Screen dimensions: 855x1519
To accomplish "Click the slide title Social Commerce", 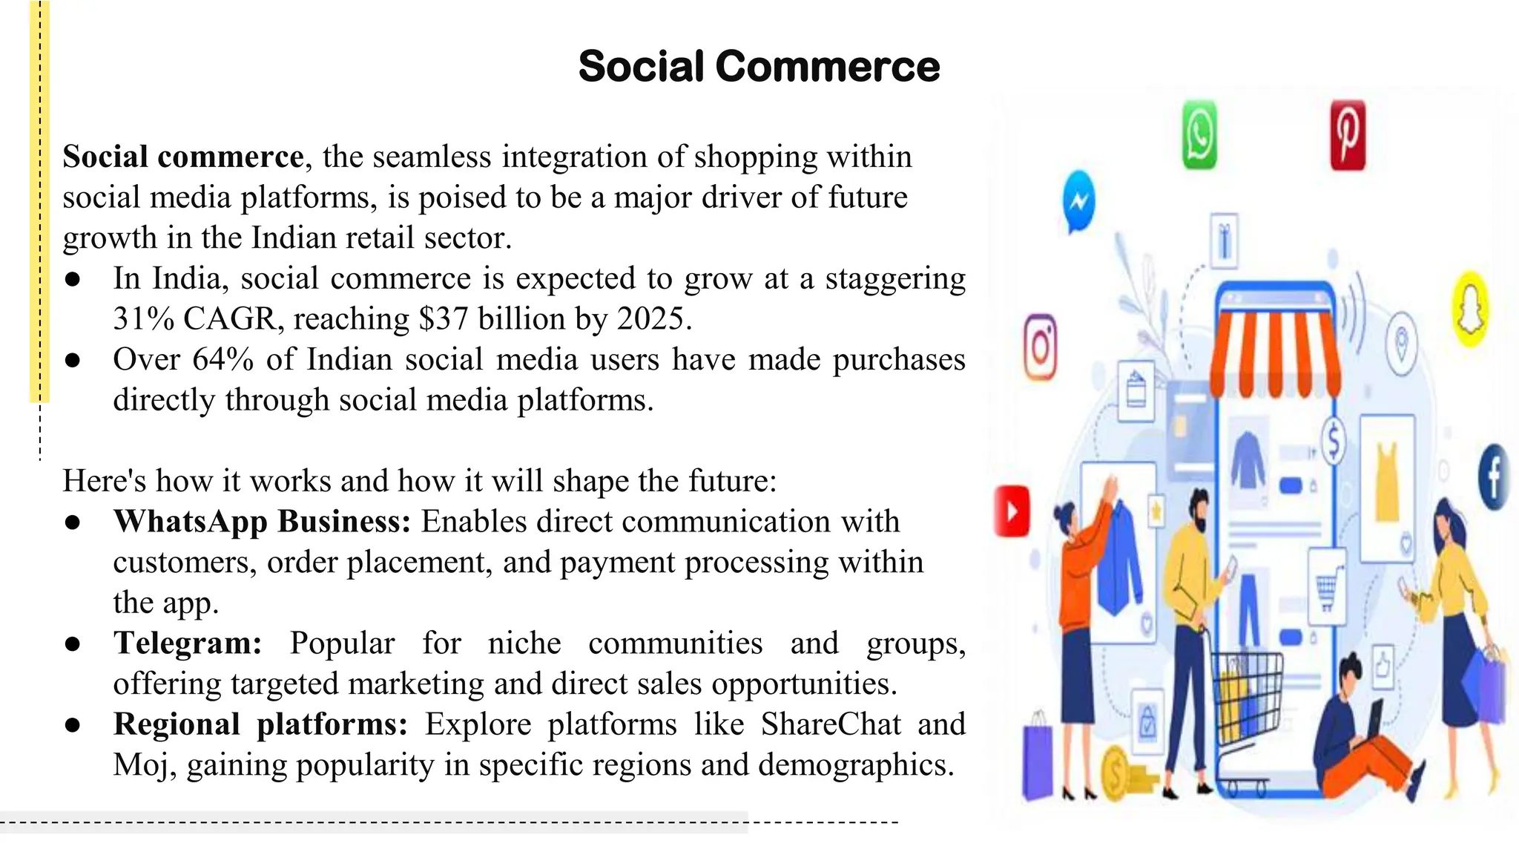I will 759,66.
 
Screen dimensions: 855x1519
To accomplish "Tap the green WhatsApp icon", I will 1199,135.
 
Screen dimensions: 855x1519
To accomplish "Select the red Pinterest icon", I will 1348,135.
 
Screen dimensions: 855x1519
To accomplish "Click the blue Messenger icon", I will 1078,201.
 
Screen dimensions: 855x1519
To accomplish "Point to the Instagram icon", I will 1041,347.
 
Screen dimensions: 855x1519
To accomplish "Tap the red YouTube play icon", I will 1012,511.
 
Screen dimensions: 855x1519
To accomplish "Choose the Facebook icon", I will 1494,477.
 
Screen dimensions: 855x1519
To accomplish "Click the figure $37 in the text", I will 444,319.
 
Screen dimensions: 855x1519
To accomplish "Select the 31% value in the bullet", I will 143,319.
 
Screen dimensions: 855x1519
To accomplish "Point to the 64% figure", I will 223,360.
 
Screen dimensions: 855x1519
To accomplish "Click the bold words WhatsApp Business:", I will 262,522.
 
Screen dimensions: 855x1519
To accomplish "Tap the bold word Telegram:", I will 188,643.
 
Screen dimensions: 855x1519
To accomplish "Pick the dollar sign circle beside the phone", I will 1333,441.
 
